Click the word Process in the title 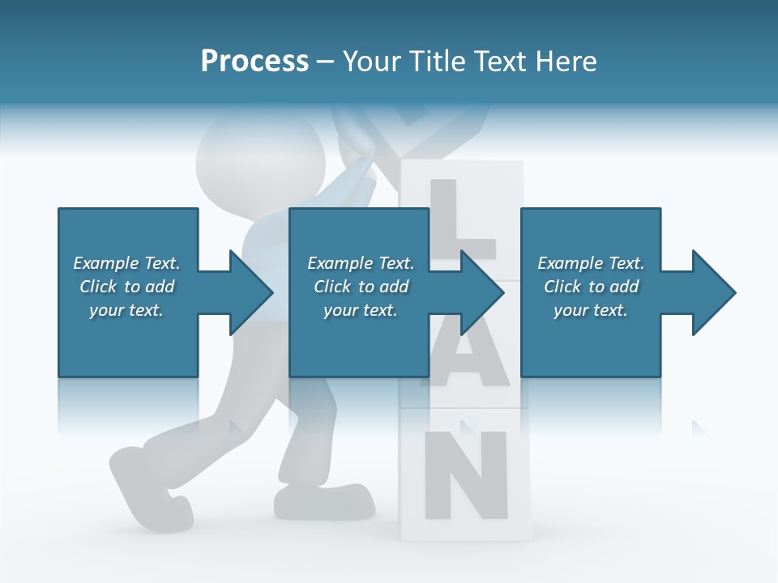(254, 62)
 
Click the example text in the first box (126, 287)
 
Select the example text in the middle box (361, 287)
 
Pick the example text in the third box (591, 287)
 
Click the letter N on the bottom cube (465, 476)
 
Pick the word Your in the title (374, 62)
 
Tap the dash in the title (325, 62)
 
